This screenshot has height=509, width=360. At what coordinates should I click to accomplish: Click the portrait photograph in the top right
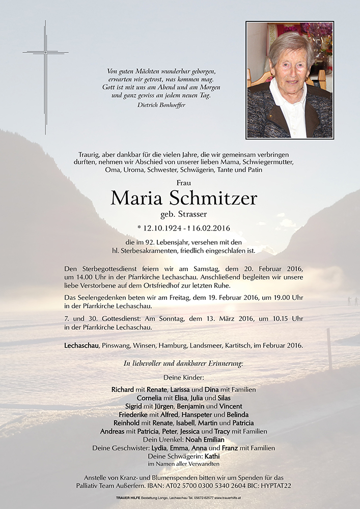pos(290,80)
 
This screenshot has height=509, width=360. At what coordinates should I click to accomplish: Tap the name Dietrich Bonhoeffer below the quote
pos(161,105)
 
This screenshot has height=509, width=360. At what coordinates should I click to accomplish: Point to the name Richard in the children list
pos(123,389)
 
